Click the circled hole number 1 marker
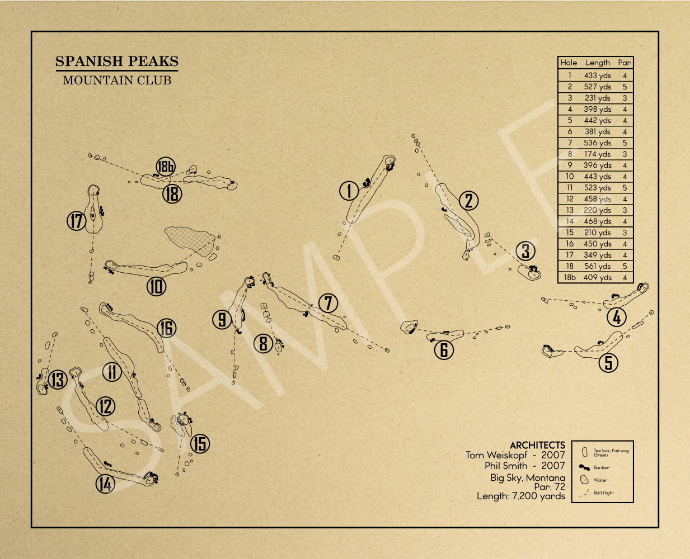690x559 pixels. click(349, 191)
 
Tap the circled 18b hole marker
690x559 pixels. click(166, 166)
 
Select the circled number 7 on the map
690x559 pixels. click(328, 304)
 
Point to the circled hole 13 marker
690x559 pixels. click(58, 380)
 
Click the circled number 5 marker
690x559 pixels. click(608, 363)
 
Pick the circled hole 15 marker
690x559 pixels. click(200, 443)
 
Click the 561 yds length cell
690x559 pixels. click(597, 266)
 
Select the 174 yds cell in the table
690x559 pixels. click(597, 154)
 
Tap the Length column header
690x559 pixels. click(597, 63)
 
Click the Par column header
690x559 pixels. click(624, 63)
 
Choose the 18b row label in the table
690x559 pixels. click(570, 277)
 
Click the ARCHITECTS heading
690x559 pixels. click(537, 445)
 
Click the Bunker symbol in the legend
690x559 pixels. click(584, 467)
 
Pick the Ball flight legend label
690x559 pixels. click(603, 492)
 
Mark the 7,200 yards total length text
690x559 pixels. click(538, 496)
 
